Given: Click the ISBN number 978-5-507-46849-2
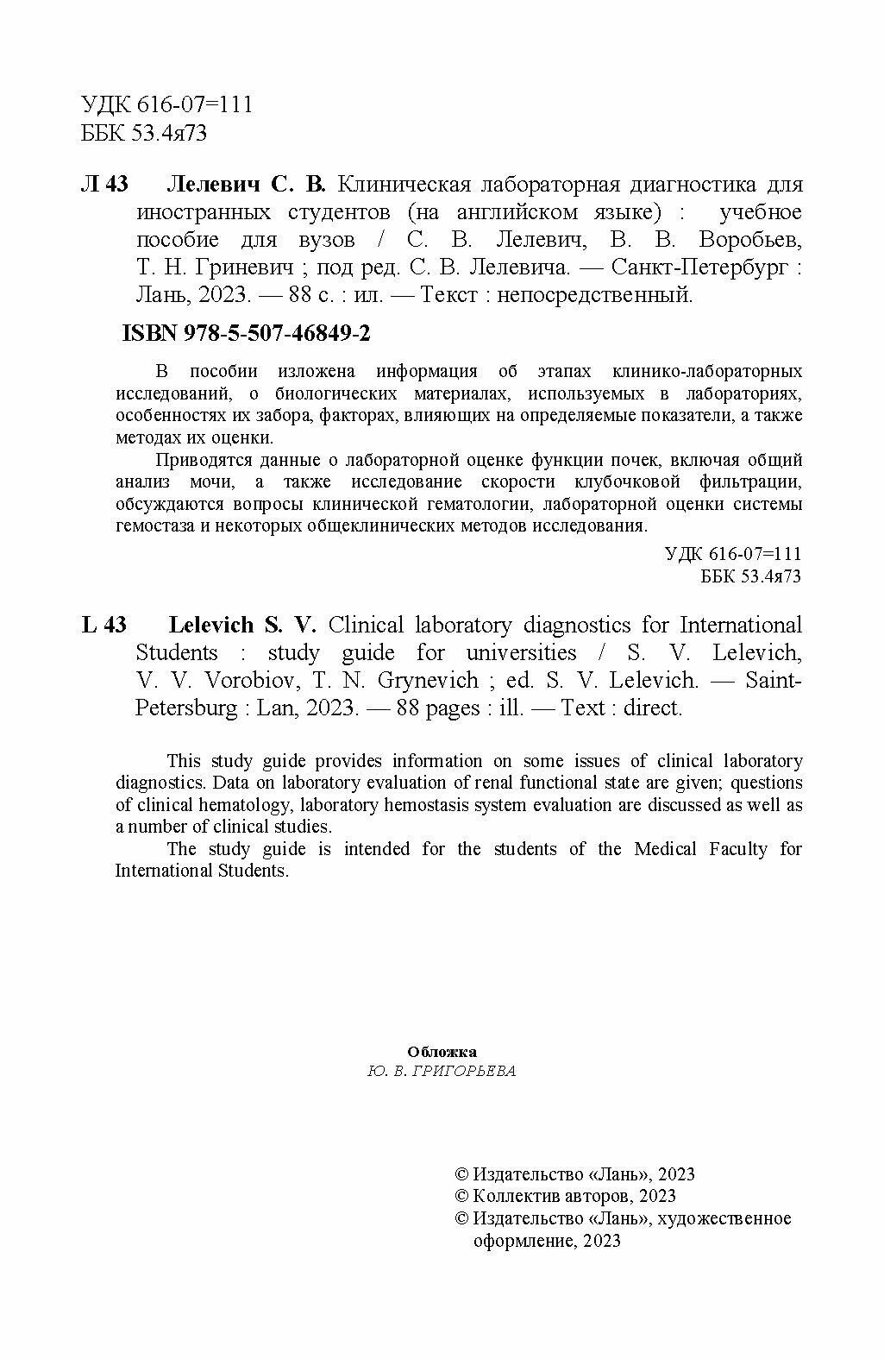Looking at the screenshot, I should pyautogui.click(x=247, y=334).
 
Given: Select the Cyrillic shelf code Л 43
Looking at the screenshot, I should pyautogui.click(x=104, y=185).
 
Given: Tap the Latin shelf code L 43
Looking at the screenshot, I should pyautogui.click(x=104, y=626).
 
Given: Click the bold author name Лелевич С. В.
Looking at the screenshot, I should pyautogui.click(x=246, y=185).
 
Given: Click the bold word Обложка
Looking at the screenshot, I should pyautogui.click(x=441, y=1052).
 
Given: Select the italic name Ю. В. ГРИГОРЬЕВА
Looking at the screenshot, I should pyautogui.click(x=441, y=1072).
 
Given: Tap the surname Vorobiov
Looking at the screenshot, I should pyautogui.click(x=253, y=681).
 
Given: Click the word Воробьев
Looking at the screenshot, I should pyautogui.click(x=750, y=240).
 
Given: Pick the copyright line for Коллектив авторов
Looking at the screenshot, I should pyautogui.click(x=565, y=1196).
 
